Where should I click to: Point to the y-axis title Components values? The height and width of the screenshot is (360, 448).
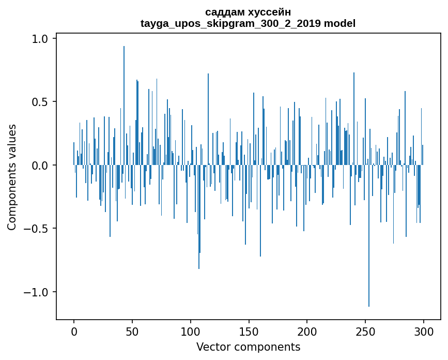pos(12,177)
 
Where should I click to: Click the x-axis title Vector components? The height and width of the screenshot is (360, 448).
pos(248,347)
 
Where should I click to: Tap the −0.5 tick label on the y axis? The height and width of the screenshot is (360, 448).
pos(36,229)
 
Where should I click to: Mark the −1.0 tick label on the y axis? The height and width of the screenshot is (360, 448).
pos(36,292)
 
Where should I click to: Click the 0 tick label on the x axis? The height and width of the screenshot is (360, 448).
pos(74,331)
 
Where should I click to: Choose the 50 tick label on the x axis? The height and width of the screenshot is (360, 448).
pos(132,331)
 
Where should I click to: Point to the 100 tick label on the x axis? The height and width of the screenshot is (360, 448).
pos(191,331)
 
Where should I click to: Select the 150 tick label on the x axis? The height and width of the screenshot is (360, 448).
pos(249,331)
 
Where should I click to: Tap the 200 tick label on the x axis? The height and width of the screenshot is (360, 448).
pos(307,331)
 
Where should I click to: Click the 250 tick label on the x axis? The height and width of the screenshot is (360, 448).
pos(365,331)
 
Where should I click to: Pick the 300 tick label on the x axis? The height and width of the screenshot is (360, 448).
pos(424,331)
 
